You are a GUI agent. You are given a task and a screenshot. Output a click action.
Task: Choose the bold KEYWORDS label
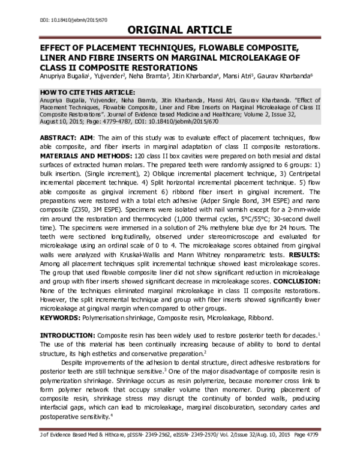(62, 317)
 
